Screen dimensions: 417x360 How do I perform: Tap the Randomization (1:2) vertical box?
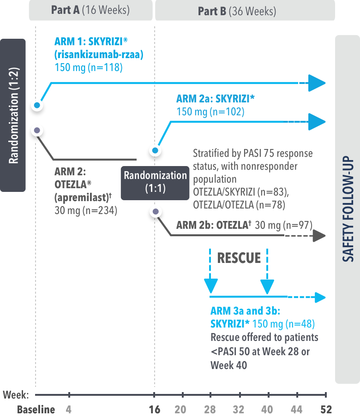[x=13, y=115]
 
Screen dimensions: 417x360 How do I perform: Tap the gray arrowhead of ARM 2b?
[x=319, y=236]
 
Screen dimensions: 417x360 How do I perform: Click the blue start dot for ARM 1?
[x=37, y=105]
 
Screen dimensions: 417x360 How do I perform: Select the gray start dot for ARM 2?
[x=37, y=130]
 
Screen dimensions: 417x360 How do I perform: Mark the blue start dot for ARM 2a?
[x=155, y=150]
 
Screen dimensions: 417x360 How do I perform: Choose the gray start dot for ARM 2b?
[x=156, y=211]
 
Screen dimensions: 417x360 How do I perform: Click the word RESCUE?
[x=239, y=257]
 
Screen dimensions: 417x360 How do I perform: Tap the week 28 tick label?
[x=210, y=410]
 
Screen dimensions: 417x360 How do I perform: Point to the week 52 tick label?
[x=325, y=410]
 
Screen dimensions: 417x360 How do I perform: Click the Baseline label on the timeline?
[x=36, y=410]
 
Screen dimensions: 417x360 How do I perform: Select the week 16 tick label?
[x=155, y=410]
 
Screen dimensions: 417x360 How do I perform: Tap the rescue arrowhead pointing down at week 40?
[x=267, y=288]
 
